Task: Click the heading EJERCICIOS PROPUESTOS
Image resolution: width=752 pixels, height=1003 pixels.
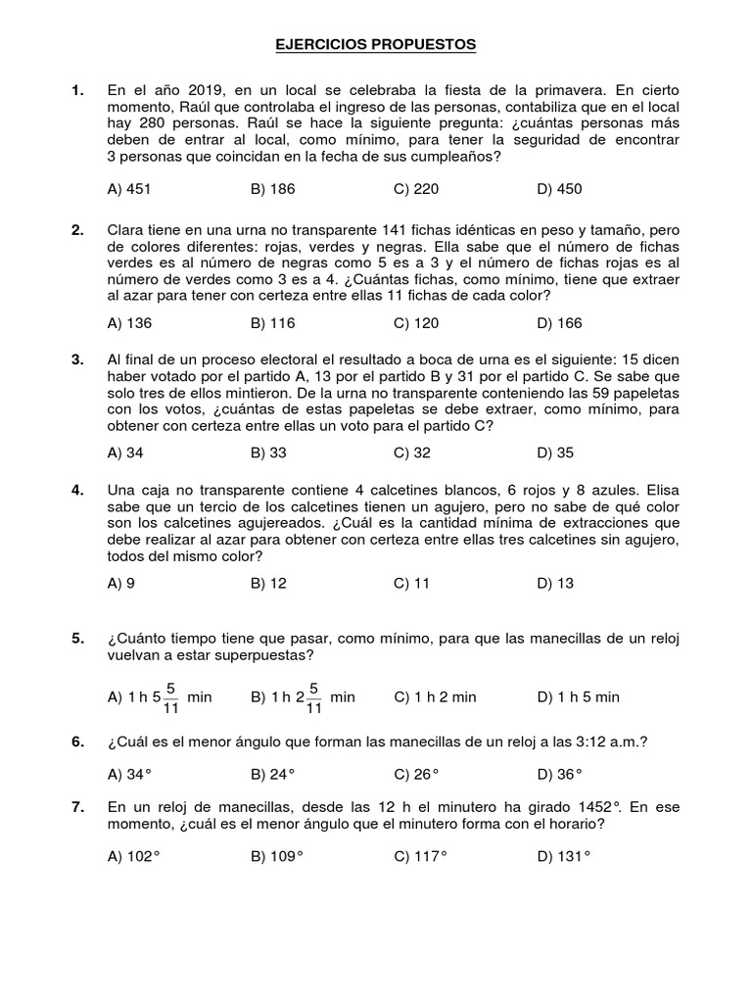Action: point(376,45)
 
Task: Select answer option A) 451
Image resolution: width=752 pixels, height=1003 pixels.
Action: point(129,189)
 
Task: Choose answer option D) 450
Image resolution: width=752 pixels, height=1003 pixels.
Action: point(559,189)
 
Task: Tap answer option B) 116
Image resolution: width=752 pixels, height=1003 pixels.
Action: point(272,323)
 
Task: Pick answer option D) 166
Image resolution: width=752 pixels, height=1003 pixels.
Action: point(559,323)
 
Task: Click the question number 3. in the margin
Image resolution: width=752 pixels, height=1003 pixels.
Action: point(77,360)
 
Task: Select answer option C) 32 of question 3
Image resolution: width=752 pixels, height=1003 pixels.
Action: point(415,453)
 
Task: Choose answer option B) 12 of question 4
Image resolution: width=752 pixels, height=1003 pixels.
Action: point(268,583)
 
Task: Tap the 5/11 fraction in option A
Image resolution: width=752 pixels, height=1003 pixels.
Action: point(171,696)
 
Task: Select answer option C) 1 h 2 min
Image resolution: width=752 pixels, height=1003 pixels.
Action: point(435,697)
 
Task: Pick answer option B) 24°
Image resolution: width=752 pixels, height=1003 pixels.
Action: point(272,774)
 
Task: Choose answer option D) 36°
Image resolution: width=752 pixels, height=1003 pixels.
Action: point(559,774)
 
